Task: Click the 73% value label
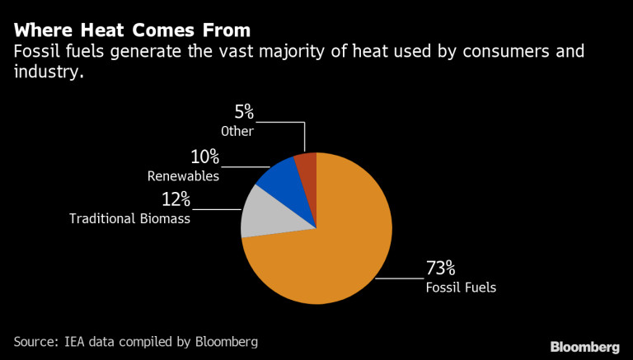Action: pos(440,269)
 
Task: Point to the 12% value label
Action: pos(175,199)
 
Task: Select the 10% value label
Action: pos(203,157)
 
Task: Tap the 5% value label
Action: pos(245,112)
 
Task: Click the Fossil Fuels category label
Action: pos(462,288)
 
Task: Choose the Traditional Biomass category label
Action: pos(129,218)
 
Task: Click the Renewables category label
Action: pos(183,175)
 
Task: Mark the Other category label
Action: pos(237,131)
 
